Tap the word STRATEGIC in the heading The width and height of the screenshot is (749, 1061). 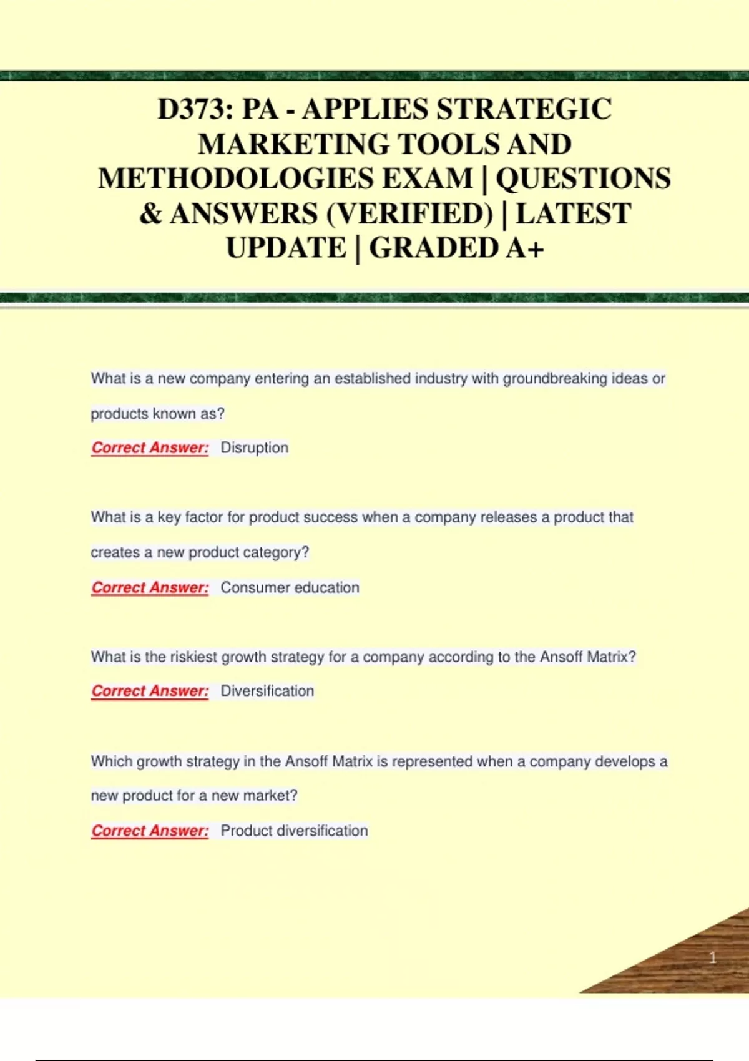pyautogui.click(x=524, y=109)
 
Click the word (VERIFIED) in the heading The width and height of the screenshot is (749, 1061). pyautogui.click(x=409, y=213)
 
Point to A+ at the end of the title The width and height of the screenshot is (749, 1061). pyautogui.click(x=525, y=248)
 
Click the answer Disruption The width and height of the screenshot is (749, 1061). pyautogui.click(x=255, y=447)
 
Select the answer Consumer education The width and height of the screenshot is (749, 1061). pyautogui.click(x=290, y=587)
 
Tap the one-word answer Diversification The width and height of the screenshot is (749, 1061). pyautogui.click(x=267, y=691)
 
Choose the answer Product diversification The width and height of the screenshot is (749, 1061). pyautogui.click(x=294, y=831)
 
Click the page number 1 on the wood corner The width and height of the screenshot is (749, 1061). pyautogui.click(x=712, y=957)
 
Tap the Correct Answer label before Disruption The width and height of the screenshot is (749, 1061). pyautogui.click(x=150, y=448)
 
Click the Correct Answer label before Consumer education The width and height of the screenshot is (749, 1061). pyautogui.click(x=150, y=588)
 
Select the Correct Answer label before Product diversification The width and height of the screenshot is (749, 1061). pyautogui.click(x=150, y=831)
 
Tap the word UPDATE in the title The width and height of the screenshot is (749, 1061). pyautogui.click(x=286, y=248)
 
